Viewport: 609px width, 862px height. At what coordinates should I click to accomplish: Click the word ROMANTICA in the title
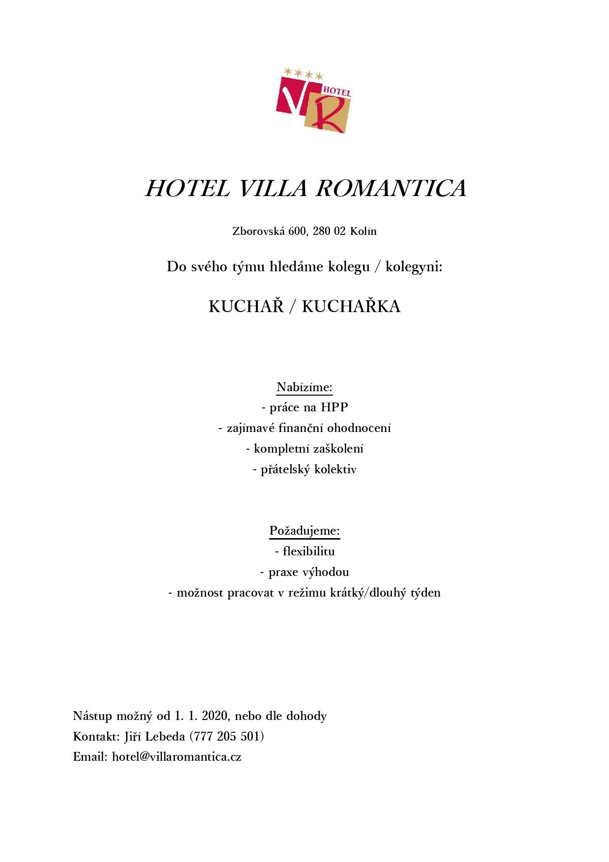[x=391, y=189]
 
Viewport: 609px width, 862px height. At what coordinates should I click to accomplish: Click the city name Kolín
[x=363, y=231]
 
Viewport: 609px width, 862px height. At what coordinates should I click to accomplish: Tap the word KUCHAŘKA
[x=351, y=307]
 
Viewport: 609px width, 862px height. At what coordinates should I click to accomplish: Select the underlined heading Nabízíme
[x=304, y=387]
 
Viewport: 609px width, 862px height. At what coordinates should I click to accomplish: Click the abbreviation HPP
[x=334, y=407]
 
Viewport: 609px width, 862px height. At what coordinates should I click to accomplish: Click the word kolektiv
[x=335, y=469]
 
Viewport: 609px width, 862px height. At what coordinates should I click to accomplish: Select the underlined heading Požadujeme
[x=304, y=531]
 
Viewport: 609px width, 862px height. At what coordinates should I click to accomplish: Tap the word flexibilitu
[x=308, y=551]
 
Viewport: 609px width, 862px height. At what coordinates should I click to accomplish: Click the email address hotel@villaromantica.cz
[x=177, y=757]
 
